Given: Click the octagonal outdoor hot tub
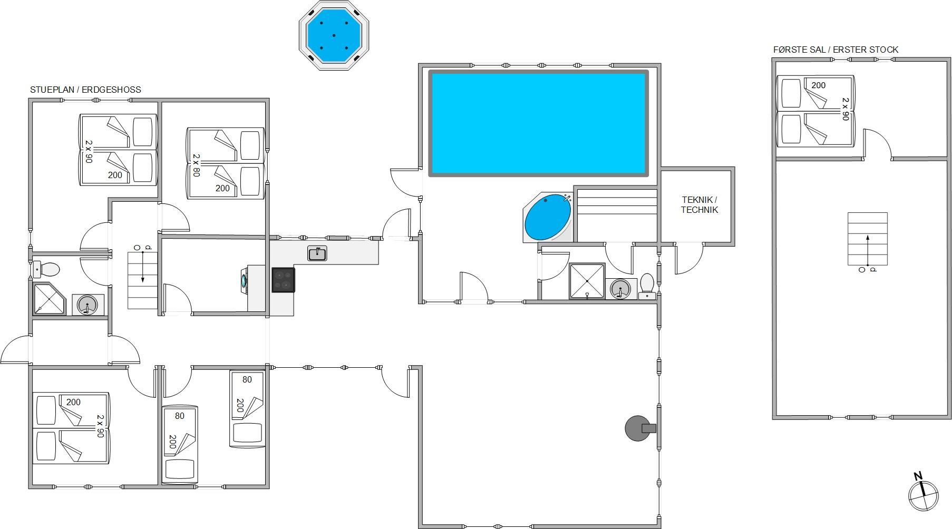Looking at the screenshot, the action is point(334,35).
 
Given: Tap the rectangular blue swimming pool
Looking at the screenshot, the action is point(538,123).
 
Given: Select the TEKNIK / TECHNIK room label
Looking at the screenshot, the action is point(699,204).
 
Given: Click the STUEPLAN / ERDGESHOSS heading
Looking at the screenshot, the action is point(85,90).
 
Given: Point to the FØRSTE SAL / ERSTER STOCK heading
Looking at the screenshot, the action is point(836,50).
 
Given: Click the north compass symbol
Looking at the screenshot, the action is point(923,492).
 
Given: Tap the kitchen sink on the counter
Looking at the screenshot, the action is point(317,253).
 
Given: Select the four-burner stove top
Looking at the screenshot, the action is point(283,280).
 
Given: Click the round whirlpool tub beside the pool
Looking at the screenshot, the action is point(548,218).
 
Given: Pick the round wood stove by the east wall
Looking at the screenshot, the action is point(639,428).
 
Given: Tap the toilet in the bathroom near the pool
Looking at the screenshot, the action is point(647,286).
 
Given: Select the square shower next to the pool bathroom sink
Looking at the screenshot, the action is point(587,281).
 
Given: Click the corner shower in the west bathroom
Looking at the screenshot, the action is point(49,299).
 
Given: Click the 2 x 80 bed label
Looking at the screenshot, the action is point(196,165).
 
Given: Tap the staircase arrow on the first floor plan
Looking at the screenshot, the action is point(867,250).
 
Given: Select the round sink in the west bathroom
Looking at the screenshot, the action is point(87,305).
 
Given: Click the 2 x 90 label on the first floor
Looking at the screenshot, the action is point(846,109).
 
